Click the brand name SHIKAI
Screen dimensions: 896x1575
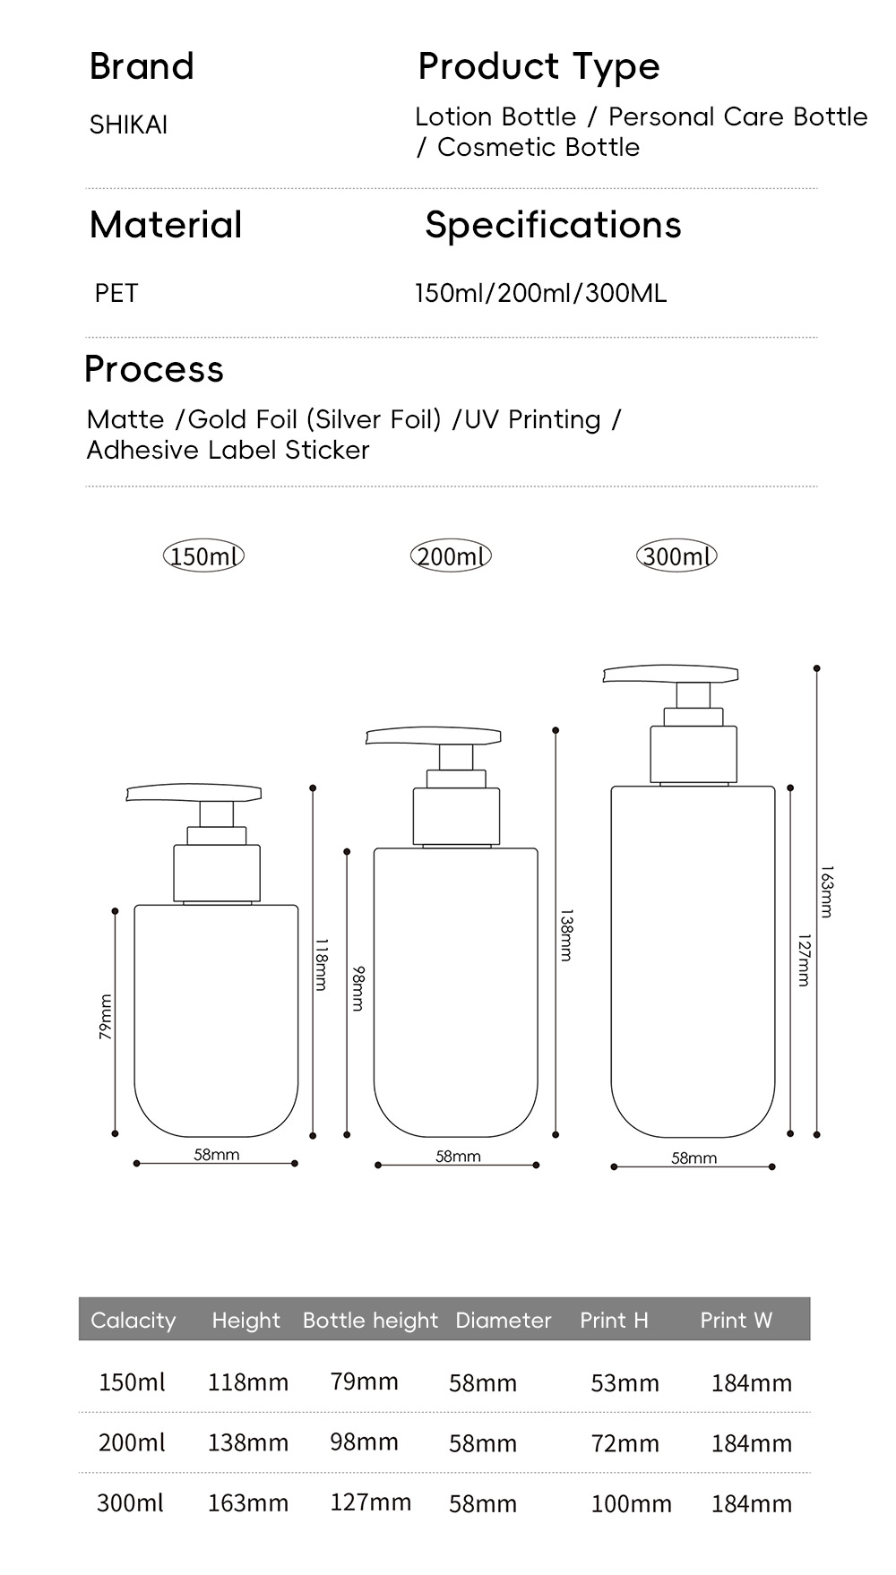pos(128,125)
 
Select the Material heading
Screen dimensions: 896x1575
pos(166,225)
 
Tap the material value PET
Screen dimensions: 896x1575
pos(116,293)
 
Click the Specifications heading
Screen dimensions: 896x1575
pos(553,226)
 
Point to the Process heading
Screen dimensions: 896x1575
pos(153,369)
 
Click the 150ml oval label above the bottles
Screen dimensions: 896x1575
pos(203,556)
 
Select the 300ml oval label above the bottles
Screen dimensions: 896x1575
pos(676,556)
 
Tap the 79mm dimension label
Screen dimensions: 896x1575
pos(106,1017)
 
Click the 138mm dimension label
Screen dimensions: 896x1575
pos(565,935)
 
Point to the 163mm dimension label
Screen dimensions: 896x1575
pos(826,891)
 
